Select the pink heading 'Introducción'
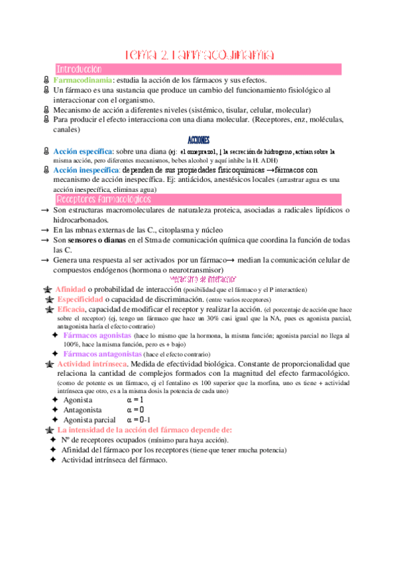coord(79,69)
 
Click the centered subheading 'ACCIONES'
coord(199,140)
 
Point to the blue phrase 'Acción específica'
coord(83,151)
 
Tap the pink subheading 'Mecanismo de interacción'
coord(199,280)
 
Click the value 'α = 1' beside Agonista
coord(135,400)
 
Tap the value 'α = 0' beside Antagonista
coord(135,410)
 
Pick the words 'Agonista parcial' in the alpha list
coord(89,420)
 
